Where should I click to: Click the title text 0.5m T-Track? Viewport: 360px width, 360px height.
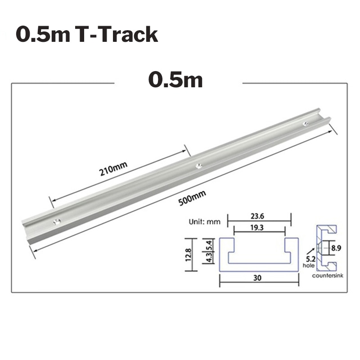pyautogui.click(x=87, y=35)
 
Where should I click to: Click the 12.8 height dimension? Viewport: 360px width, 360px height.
pyautogui.click(x=189, y=255)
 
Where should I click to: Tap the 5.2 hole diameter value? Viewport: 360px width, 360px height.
pyautogui.click(x=311, y=259)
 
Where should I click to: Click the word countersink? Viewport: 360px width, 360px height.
pyautogui.click(x=328, y=274)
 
